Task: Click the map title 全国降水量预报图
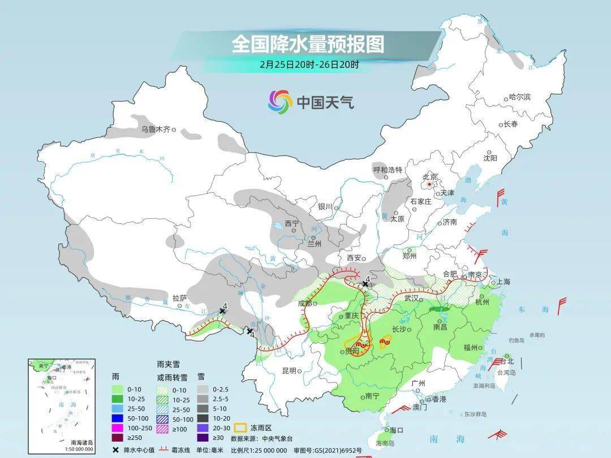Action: (x=308, y=44)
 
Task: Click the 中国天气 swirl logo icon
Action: (x=280, y=102)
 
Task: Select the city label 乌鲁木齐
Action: (x=156, y=129)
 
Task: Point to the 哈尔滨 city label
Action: (x=520, y=97)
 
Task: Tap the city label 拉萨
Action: (x=179, y=298)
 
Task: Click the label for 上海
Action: (x=504, y=282)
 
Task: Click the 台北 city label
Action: (x=507, y=361)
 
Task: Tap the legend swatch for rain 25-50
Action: (x=118, y=407)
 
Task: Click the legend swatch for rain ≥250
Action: (x=118, y=437)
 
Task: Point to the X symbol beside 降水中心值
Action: (x=116, y=450)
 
